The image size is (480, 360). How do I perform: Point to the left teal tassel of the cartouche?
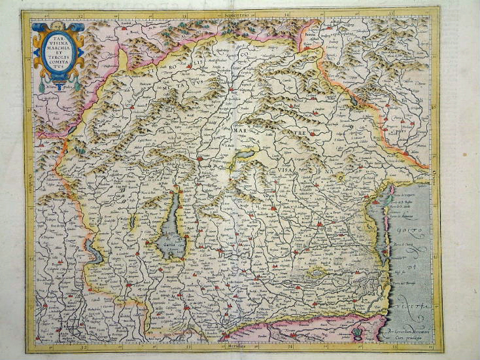(x=42, y=86)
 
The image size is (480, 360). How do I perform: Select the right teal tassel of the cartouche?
(x=76, y=84)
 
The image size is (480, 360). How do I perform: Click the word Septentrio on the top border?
(x=237, y=14)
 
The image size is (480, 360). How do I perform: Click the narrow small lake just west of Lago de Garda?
(x=133, y=223)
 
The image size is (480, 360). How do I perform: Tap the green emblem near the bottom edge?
(x=357, y=334)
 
